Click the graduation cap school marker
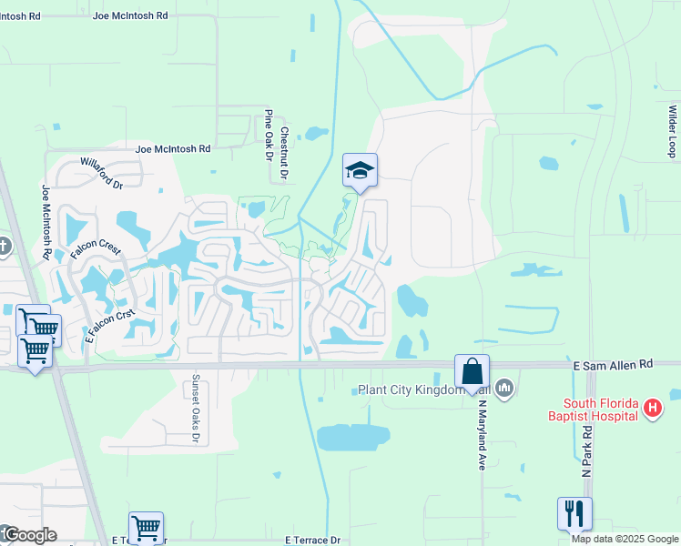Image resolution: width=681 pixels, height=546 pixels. click(360, 170)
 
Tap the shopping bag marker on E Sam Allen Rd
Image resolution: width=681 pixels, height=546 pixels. click(472, 371)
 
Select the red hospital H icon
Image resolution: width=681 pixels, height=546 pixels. click(652, 409)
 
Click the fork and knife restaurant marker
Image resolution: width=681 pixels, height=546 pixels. click(574, 513)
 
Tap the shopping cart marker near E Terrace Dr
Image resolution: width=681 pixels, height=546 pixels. click(146, 527)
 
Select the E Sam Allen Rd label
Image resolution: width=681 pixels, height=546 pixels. click(613, 363)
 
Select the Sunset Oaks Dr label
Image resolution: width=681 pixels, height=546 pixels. click(195, 410)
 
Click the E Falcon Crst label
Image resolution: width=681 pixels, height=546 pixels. click(110, 324)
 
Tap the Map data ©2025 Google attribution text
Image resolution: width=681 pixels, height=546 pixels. click(624, 539)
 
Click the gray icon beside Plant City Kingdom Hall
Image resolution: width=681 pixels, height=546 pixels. click(506, 390)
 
